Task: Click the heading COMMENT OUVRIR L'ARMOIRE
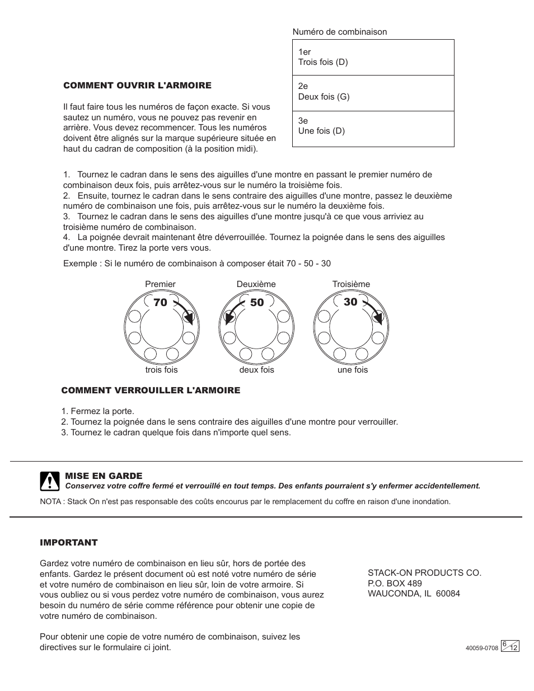[x=137, y=86]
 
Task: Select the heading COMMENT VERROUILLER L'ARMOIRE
[x=151, y=391]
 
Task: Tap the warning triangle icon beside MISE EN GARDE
[x=50, y=481]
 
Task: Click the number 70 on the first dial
[x=160, y=303]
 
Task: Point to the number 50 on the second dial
[x=257, y=303]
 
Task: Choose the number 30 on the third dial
[x=350, y=302]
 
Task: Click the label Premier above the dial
[x=160, y=284]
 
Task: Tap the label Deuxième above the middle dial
[x=256, y=284]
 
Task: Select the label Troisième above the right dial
[x=351, y=284]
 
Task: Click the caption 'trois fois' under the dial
[x=161, y=370]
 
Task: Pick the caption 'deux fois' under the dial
[x=257, y=370]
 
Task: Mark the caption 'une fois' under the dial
[x=353, y=370]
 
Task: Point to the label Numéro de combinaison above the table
[x=340, y=32]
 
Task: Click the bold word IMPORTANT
[x=69, y=543]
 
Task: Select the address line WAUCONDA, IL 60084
[x=414, y=594]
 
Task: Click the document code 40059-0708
[x=481, y=648]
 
